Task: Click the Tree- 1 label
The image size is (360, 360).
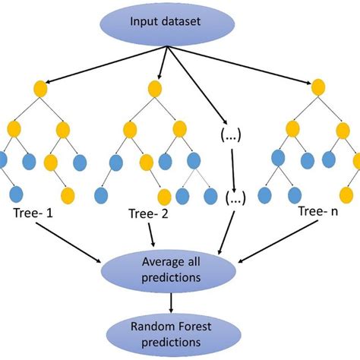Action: pos(33,216)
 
